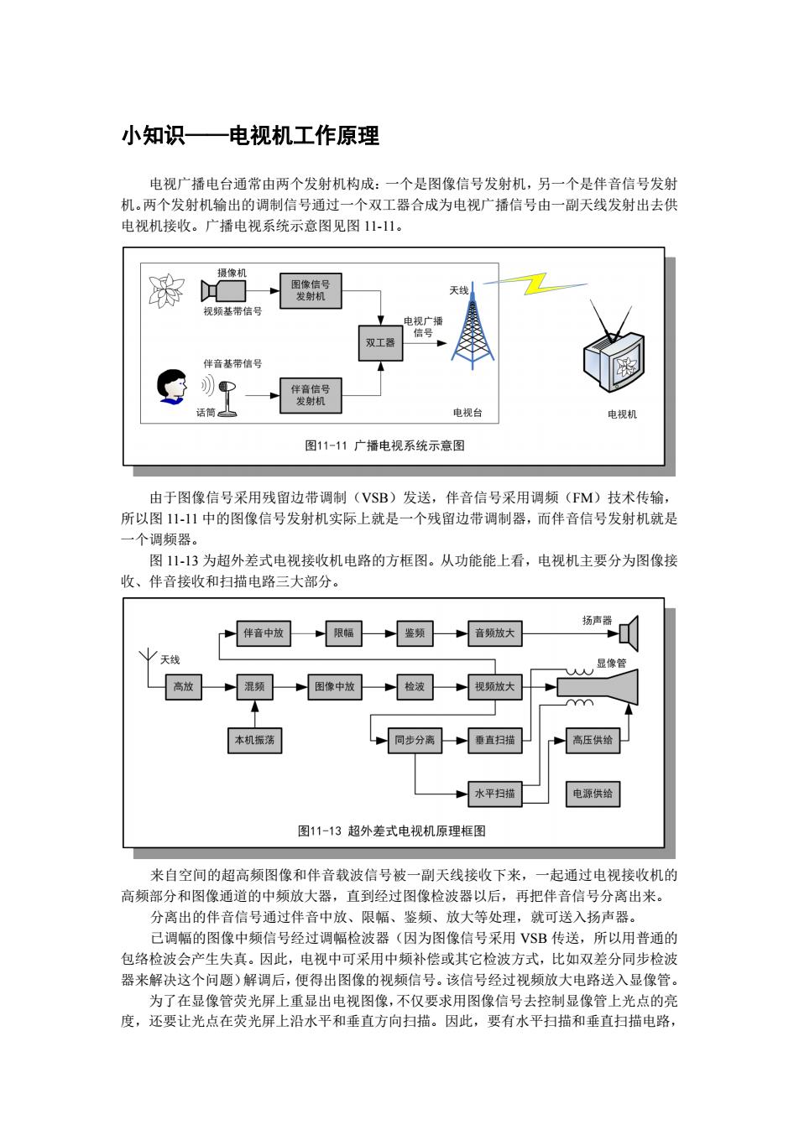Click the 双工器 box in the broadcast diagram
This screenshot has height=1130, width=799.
point(380,343)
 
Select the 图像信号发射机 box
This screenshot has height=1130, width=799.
point(311,290)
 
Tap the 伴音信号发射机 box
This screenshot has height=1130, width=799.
point(311,395)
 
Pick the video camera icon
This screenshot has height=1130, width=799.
point(223,291)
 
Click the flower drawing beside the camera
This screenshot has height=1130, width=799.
point(166,290)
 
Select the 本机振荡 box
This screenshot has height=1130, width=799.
point(254,740)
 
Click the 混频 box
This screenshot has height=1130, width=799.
point(254,686)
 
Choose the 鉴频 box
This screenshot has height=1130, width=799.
point(415,633)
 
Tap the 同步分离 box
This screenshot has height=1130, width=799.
point(415,740)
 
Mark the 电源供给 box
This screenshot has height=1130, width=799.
point(593,794)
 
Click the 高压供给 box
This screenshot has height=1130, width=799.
point(593,740)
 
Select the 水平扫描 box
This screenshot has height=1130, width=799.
point(494,794)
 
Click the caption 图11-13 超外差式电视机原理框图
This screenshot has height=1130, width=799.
point(392,831)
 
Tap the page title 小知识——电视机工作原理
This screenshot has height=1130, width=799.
point(250,136)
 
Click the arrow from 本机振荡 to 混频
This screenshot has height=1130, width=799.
point(255,714)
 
